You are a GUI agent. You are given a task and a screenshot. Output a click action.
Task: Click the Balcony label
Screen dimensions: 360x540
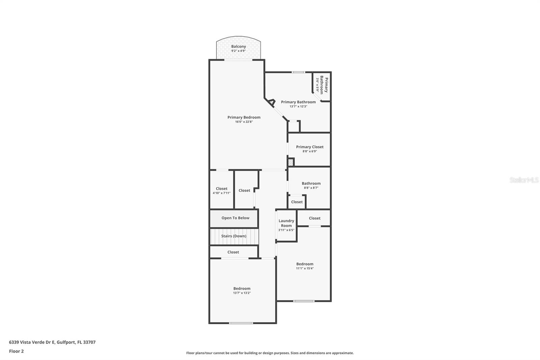238,47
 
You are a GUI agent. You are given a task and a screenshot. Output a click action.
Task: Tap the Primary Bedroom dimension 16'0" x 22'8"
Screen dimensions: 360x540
244,122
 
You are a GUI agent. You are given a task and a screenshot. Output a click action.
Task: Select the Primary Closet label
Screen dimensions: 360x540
309,147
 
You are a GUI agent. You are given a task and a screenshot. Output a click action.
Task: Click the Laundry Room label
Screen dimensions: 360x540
286,223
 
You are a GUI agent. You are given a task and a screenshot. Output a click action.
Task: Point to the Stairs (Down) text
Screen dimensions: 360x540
234,236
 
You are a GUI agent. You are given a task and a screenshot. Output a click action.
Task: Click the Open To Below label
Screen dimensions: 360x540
235,218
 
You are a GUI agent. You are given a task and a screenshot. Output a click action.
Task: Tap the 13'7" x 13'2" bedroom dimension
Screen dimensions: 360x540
242,293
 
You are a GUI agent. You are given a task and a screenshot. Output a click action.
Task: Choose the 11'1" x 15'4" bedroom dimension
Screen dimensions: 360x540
305,268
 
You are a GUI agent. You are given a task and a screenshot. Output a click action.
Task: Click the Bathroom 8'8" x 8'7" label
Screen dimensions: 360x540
311,184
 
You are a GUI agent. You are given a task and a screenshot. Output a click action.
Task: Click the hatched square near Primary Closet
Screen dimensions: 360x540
291,162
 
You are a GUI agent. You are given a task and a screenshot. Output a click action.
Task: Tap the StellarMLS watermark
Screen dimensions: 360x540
524,180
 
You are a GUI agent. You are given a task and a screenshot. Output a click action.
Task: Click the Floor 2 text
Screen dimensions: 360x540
16,351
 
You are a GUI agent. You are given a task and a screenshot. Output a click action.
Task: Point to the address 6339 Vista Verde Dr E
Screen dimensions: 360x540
52,342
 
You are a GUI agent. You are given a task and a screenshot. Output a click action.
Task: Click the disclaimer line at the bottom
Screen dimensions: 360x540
270,353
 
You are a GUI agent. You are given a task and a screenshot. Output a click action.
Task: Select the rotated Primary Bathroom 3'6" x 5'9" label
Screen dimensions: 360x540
322,84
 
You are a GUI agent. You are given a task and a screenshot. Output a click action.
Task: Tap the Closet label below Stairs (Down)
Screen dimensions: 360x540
233,252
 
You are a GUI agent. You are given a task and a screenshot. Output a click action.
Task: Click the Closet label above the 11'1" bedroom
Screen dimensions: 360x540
315,218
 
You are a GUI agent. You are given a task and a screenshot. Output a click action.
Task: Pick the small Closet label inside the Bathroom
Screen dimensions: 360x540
297,202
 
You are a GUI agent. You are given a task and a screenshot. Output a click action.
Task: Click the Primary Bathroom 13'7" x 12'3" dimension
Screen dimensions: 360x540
298,106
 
